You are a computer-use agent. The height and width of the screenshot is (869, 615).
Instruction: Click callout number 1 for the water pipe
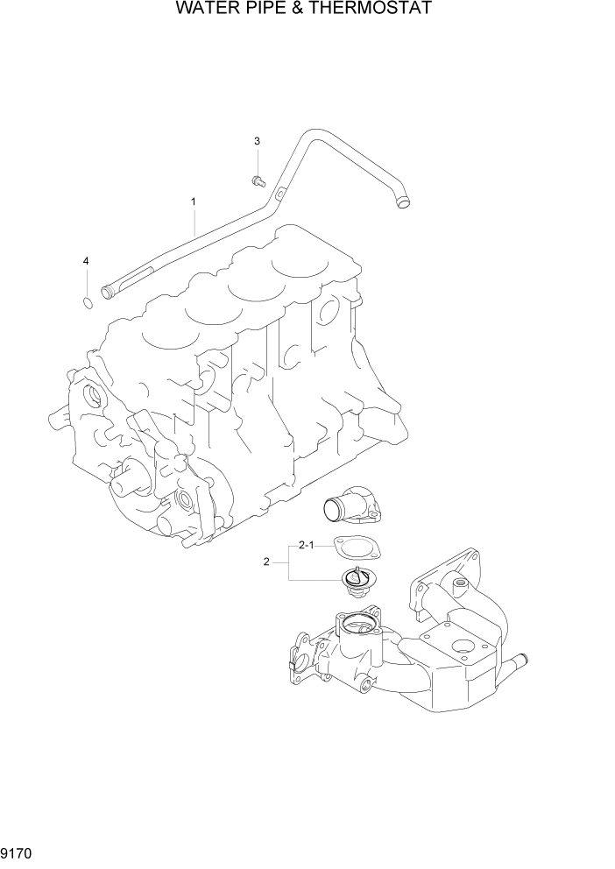point(193,201)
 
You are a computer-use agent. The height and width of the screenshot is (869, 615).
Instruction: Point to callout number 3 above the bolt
point(257,141)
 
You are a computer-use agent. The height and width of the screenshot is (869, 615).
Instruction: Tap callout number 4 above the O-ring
point(85,261)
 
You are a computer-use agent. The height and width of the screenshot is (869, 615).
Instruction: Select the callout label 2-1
point(307,545)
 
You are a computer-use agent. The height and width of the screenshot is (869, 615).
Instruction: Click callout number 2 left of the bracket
point(266,562)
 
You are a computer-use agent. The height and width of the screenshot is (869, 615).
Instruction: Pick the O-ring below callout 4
point(86,303)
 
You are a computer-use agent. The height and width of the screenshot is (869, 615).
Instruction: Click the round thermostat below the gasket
point(356,580)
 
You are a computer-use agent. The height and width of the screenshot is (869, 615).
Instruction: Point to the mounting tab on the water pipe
point(279,194)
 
